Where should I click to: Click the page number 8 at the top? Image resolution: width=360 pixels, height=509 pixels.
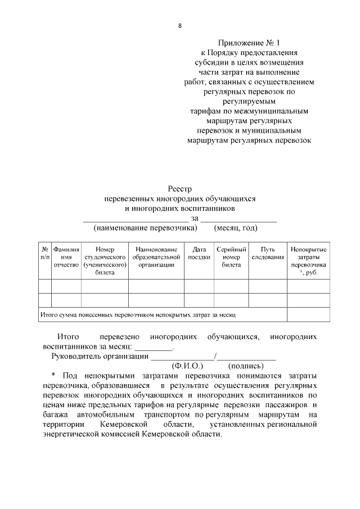179,25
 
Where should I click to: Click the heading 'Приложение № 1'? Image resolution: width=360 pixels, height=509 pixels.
248,43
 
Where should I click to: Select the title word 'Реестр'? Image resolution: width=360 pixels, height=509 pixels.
179,189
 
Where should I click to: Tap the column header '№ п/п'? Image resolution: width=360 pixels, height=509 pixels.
44,253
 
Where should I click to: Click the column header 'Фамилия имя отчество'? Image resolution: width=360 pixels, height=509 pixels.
66,257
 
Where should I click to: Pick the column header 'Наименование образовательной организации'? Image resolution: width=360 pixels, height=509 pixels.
156,257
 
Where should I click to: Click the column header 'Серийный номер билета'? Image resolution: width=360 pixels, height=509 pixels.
231,257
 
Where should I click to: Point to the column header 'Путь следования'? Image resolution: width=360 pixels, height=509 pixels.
268,253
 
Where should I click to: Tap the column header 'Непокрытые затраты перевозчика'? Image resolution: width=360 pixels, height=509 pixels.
308,260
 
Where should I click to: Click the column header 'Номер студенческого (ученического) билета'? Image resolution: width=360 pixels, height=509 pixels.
105,260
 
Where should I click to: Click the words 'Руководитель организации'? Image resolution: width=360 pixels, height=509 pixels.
100,357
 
